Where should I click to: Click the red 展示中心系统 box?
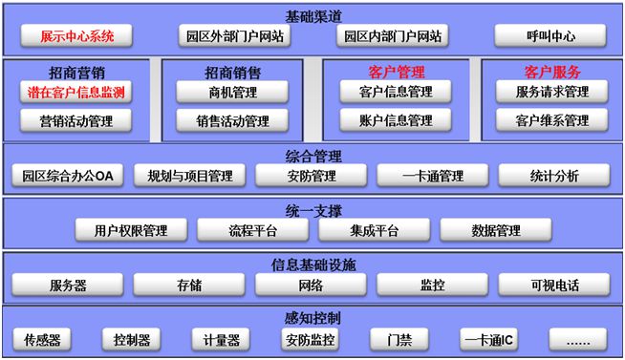coord(76,37)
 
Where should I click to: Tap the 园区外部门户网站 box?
coord(234,37)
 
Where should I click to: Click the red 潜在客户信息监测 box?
coord(75,93)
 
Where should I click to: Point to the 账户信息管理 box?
coord(395,121)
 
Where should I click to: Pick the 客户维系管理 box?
coord(551,121)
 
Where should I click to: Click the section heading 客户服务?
coord(551,72)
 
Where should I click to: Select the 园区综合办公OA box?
coord(68,176)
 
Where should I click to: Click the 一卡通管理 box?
coord(432,176)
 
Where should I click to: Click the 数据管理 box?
coord(495,230)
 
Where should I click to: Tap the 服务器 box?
coord(68,285)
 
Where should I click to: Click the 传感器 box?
coord(42,340)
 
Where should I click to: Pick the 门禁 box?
coord(399,340)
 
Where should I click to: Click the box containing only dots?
coord(576,340)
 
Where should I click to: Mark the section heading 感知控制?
coord(312,318)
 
